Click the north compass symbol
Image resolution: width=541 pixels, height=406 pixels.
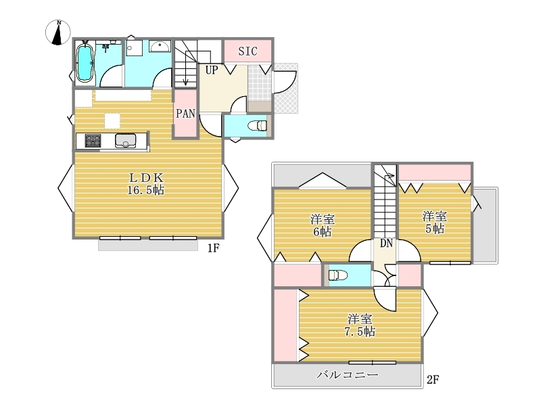[58, 32]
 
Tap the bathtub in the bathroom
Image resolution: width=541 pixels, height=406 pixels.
[85, 64]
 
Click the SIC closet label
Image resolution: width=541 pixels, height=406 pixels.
[248, 51]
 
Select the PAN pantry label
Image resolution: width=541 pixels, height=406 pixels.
[185, 114]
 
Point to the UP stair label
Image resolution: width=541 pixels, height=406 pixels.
[212, 70]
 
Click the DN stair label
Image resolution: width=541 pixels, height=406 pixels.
[386, 244]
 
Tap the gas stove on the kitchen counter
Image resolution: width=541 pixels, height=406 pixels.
[93, 141]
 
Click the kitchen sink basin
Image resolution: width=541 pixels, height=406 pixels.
[126, 141]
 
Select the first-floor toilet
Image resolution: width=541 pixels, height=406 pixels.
[258, 126]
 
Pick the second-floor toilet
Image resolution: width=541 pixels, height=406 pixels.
[337, 275]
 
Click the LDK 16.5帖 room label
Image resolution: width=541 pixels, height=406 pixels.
[146, 184]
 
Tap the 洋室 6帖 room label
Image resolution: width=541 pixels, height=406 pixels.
[323, 225]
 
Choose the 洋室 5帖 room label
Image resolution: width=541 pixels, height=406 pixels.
[434, 223]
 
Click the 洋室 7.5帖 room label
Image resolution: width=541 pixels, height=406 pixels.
[360, 325]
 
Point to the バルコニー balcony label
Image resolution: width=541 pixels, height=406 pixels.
[348, 375]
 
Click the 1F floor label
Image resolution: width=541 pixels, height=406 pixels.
[214, 248]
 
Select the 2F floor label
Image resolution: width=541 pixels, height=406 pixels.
[433, 380]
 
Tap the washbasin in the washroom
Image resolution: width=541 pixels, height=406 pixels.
[160, 46]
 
